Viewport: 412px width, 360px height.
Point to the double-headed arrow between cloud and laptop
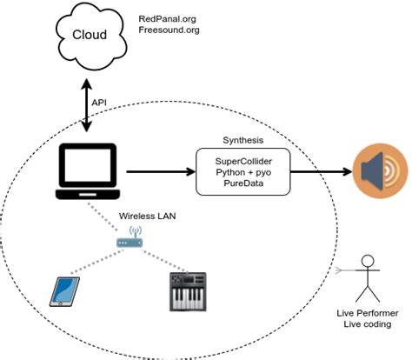pyautogui.click(x=86, y=103)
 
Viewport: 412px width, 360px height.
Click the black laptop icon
pyautogui.click(x=86, y=169)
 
